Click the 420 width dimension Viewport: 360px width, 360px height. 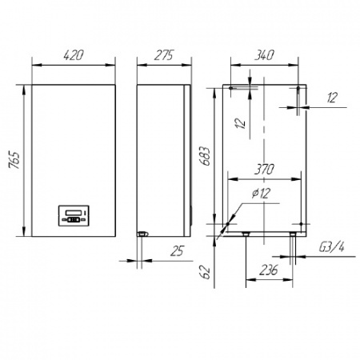pyautogui.click(x=74, y=55)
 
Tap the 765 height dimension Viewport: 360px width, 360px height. pyautogui.click(x=14, y=160)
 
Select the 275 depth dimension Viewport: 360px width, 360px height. pyautogui.click(x=164, y=55)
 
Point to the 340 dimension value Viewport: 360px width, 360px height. pyautogui.click(x=264, y=55)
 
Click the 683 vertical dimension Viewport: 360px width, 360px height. pyautogui.click(x=206, y=156)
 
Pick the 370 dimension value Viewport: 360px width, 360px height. pyautogui.click(x=264, y=170)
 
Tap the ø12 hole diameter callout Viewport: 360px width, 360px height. pyautogui.click(x=262, y=193)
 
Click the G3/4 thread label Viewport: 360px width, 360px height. pyautogui.click(x=331, y=247)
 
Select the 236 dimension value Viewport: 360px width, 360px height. pyautogui.click(x=269, y=270)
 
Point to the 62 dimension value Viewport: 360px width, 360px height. pyautogui.click(x=206, y=272)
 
